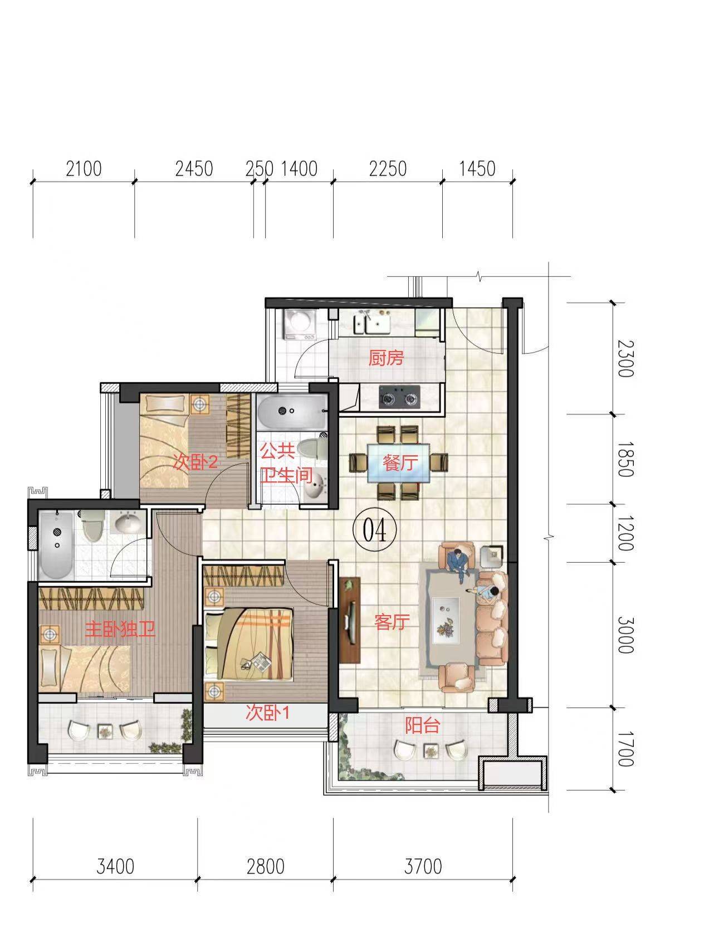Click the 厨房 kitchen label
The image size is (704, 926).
pyautogui.click(x=386, y=358)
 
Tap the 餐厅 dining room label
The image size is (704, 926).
pyautogui.click(x=400, y=463)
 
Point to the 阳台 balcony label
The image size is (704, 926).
pyautogui.click(x=422, y=725)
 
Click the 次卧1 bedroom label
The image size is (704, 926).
pyautogui.click(x=268, y=713)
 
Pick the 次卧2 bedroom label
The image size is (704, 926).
pyautogui.click(x=195, y=463)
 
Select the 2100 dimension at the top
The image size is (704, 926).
pyautogui.click(x=84, y=169)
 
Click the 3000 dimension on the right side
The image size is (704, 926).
pyautogui.click(x=625, y=635)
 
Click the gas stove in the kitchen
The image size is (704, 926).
pyautogui.click(x=400, y=397)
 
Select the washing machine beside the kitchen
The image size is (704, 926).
pyautogui.click(x=300, y=324)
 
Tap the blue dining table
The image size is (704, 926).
pyautogui.click(x=398, y=463)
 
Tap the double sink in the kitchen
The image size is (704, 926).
pyautogui.click(x=372, y=324)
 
